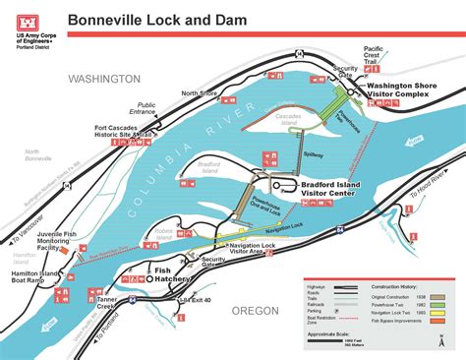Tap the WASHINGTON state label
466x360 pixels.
point(104,78)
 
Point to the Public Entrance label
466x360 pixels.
point(146,107)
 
